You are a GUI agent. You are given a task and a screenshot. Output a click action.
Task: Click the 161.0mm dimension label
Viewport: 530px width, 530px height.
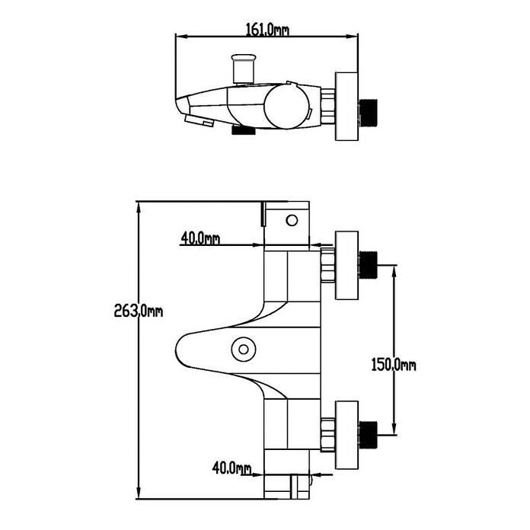coord(267,30)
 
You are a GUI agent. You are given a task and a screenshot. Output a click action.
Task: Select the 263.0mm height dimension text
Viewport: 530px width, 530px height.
coord(139,311)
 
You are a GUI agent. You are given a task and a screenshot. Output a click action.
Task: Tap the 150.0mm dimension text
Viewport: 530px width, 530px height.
coord(394,365)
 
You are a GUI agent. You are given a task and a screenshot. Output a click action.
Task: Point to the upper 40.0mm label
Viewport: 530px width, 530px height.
coord(200,238)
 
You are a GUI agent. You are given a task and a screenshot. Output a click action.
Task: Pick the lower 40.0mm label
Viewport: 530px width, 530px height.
coord(231,468)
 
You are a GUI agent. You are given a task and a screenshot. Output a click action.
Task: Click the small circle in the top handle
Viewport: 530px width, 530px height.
coord(292,220)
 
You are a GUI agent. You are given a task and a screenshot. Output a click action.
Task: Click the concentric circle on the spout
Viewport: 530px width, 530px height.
coord(244,350)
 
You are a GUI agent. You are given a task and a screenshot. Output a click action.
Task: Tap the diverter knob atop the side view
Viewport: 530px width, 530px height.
coord(242,69)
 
